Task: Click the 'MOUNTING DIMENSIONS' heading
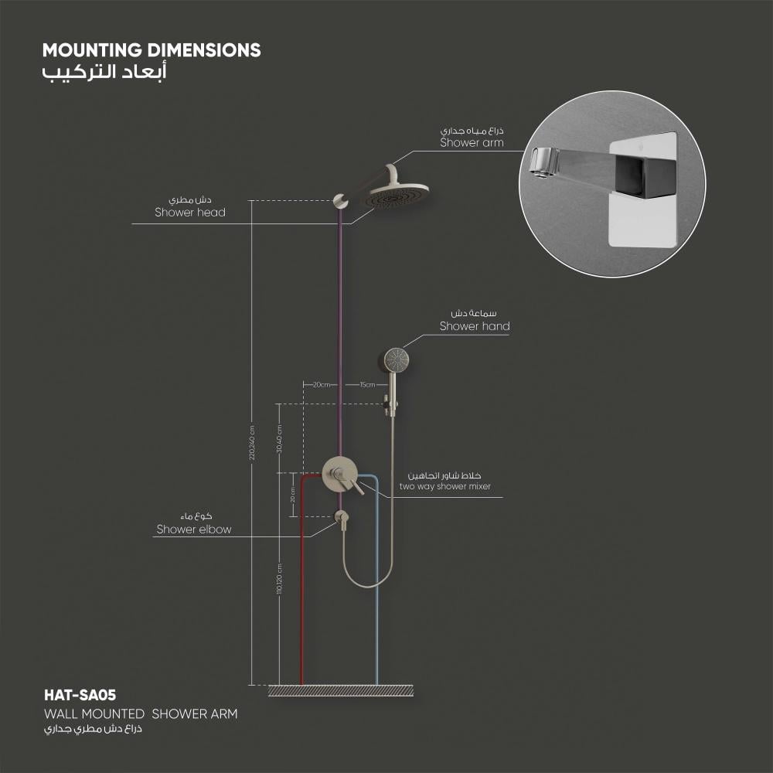coord(152,50)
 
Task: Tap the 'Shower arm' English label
coord(472,142)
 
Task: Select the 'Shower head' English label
coord(190,212)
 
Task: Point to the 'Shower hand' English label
coord(475,326)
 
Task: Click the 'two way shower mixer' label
coord(444,486)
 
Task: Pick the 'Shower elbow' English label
coord(194,530)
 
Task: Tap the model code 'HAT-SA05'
coord(80,696)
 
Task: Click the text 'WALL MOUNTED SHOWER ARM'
coord(140,713)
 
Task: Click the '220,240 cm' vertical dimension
coord(252,444)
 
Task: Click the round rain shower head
coord(397,195)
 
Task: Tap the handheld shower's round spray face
coord(396,358)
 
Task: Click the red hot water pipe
coord(301,587)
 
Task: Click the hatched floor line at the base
coord(339,690)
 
